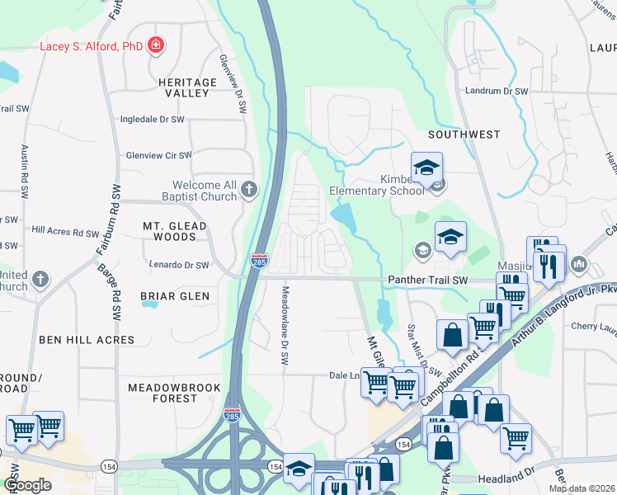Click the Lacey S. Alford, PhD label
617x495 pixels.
[91, 46]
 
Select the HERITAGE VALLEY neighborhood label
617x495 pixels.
[181, 87]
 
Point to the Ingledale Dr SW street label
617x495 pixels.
[152, 120]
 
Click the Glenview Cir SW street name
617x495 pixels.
[158, 154]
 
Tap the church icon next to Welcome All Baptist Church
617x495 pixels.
[248, 191]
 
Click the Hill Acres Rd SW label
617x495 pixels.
[65, 232]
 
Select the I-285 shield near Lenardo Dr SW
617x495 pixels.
[258, 262]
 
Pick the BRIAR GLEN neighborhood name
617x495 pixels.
[175, 295]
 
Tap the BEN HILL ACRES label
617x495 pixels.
[86, 339]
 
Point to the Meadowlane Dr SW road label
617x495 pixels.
[285, 327]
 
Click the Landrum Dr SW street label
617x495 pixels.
[496, 91]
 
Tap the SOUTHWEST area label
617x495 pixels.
[464, 134]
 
